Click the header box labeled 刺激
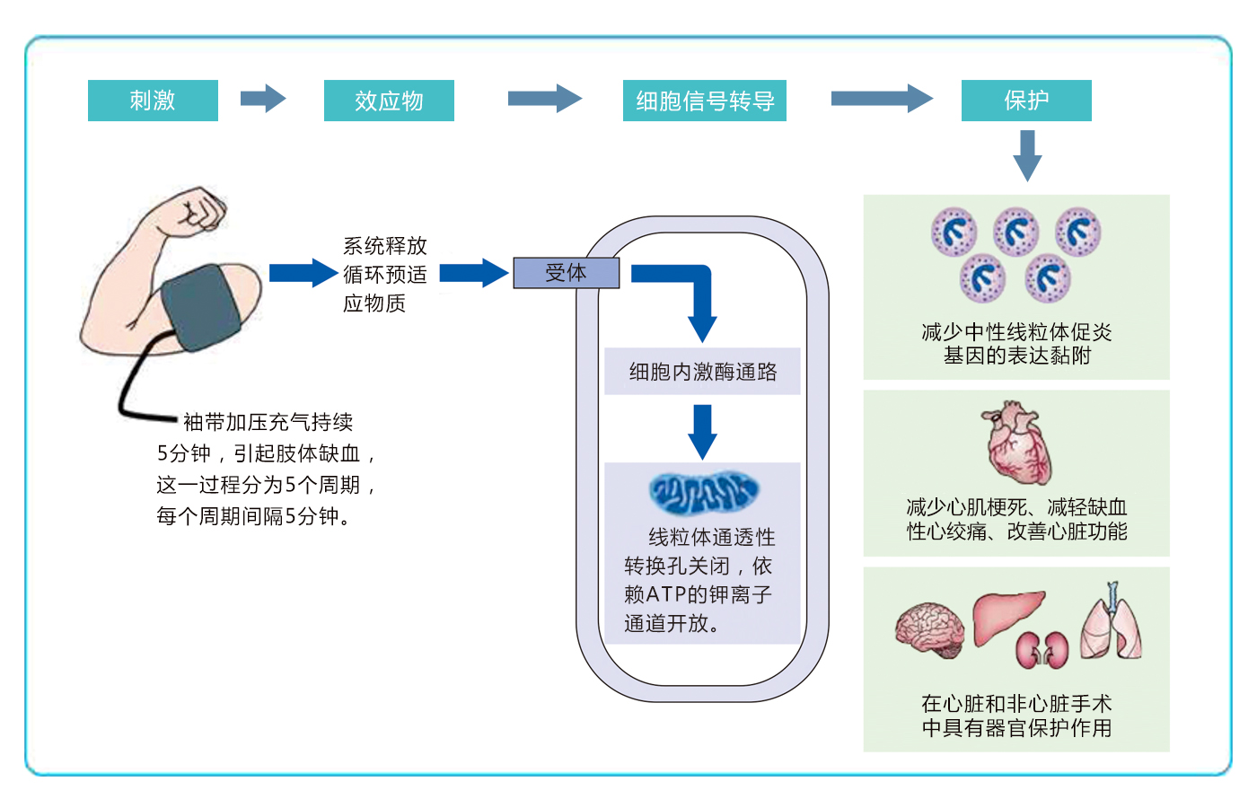pyautogui.click(x=153, y=101)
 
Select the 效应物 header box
pyautogui.click(x=389, y=101)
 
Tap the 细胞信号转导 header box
pyautogui.click(x=704, y=101)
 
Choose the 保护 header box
pyautogui.click(x=1026, y=101)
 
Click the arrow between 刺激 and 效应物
pyautogui.click(x=263, y=99)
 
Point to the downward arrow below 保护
pyautogui.click(x=1027, y=156)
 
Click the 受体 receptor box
pyautogui.click(x=567, y=273)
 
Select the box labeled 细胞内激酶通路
pyautogui.click(x=702, y=372)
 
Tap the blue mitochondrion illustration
pyautogui.click(x=704, y=492)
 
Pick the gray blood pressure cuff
pyautogui.click(x=201, y=307)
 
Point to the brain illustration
pyautogui.click(x=930, y=629)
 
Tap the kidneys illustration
pyautogui.click(x=1042, y=650)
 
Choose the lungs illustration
pyautogui.click(x=1112, y=623)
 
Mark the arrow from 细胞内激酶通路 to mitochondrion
pyautogui.click(x=702, y=432)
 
